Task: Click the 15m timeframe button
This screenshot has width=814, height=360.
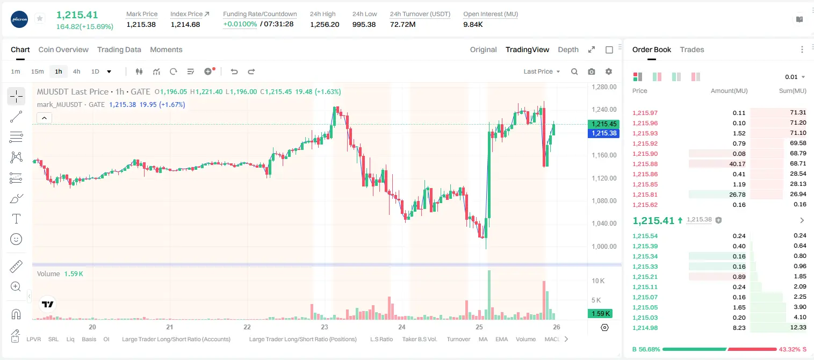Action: [x=38, y=71]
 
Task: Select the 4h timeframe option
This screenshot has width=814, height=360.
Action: [x=76, y=71]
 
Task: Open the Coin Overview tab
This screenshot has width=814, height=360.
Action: [x=63, y=49]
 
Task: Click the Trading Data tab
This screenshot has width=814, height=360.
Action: [x=119, y=49]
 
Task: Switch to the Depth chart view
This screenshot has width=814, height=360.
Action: [x=568, y=49]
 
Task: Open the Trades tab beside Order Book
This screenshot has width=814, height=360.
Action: [x=692, y=49]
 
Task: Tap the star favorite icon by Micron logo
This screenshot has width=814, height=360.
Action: [x=40, y=18]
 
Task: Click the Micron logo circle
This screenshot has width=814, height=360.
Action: [x=19, y=19]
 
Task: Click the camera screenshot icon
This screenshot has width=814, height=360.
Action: [x=592, y=71]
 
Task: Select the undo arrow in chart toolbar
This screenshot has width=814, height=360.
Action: [x=234, y=71]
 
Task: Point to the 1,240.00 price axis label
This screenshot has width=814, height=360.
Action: [x=604, y=110]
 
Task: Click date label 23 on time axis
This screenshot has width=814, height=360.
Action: [x=325, y=327]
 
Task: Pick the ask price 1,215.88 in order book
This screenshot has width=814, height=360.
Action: [x=645, y=164]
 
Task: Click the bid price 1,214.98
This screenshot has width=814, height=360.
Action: [x=645, y=328]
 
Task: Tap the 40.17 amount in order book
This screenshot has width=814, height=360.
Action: [x=737, y=164]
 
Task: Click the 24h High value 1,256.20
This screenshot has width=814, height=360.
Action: [x=325, y=24]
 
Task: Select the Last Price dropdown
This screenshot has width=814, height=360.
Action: [x=542, y=71]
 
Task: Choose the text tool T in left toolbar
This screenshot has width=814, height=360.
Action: [x=16, y=219]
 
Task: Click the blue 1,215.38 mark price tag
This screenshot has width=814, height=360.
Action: [x=603, y=133]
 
